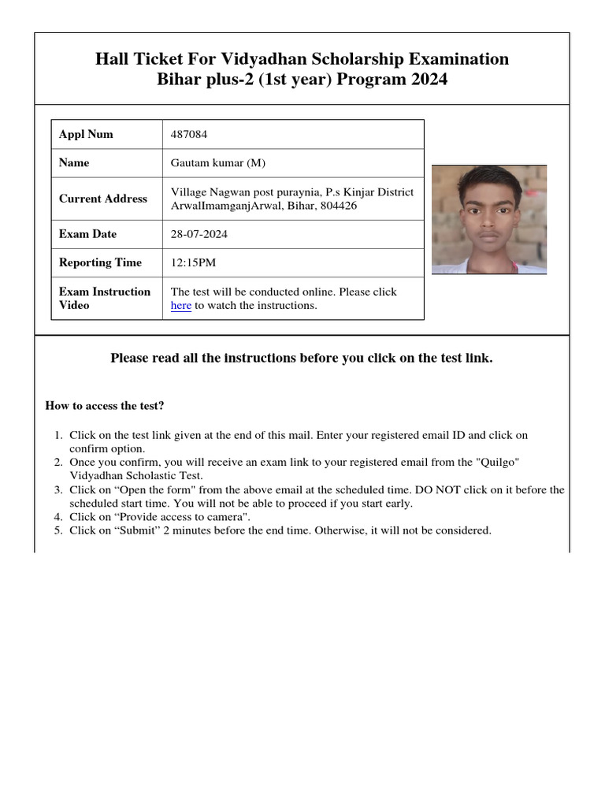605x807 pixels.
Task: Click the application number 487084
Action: click(189, 134)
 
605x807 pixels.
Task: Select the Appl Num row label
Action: click(86, 134)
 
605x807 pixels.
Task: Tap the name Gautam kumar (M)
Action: click(218, 163)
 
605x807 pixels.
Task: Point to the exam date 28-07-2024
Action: click(199, 234)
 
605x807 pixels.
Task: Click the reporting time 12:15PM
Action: click(195, 262)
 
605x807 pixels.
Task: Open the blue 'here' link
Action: click(181, 306)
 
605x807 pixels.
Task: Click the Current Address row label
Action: click(103, 199)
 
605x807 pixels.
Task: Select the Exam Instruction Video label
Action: click(104, 298)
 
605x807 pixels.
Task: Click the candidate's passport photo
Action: click(488, 219)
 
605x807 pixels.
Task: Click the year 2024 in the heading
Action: click(426, 80)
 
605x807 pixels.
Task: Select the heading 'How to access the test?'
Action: click(105, 406)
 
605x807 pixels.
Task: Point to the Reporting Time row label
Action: click(100, 262)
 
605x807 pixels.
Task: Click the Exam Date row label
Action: click(87, 234)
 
